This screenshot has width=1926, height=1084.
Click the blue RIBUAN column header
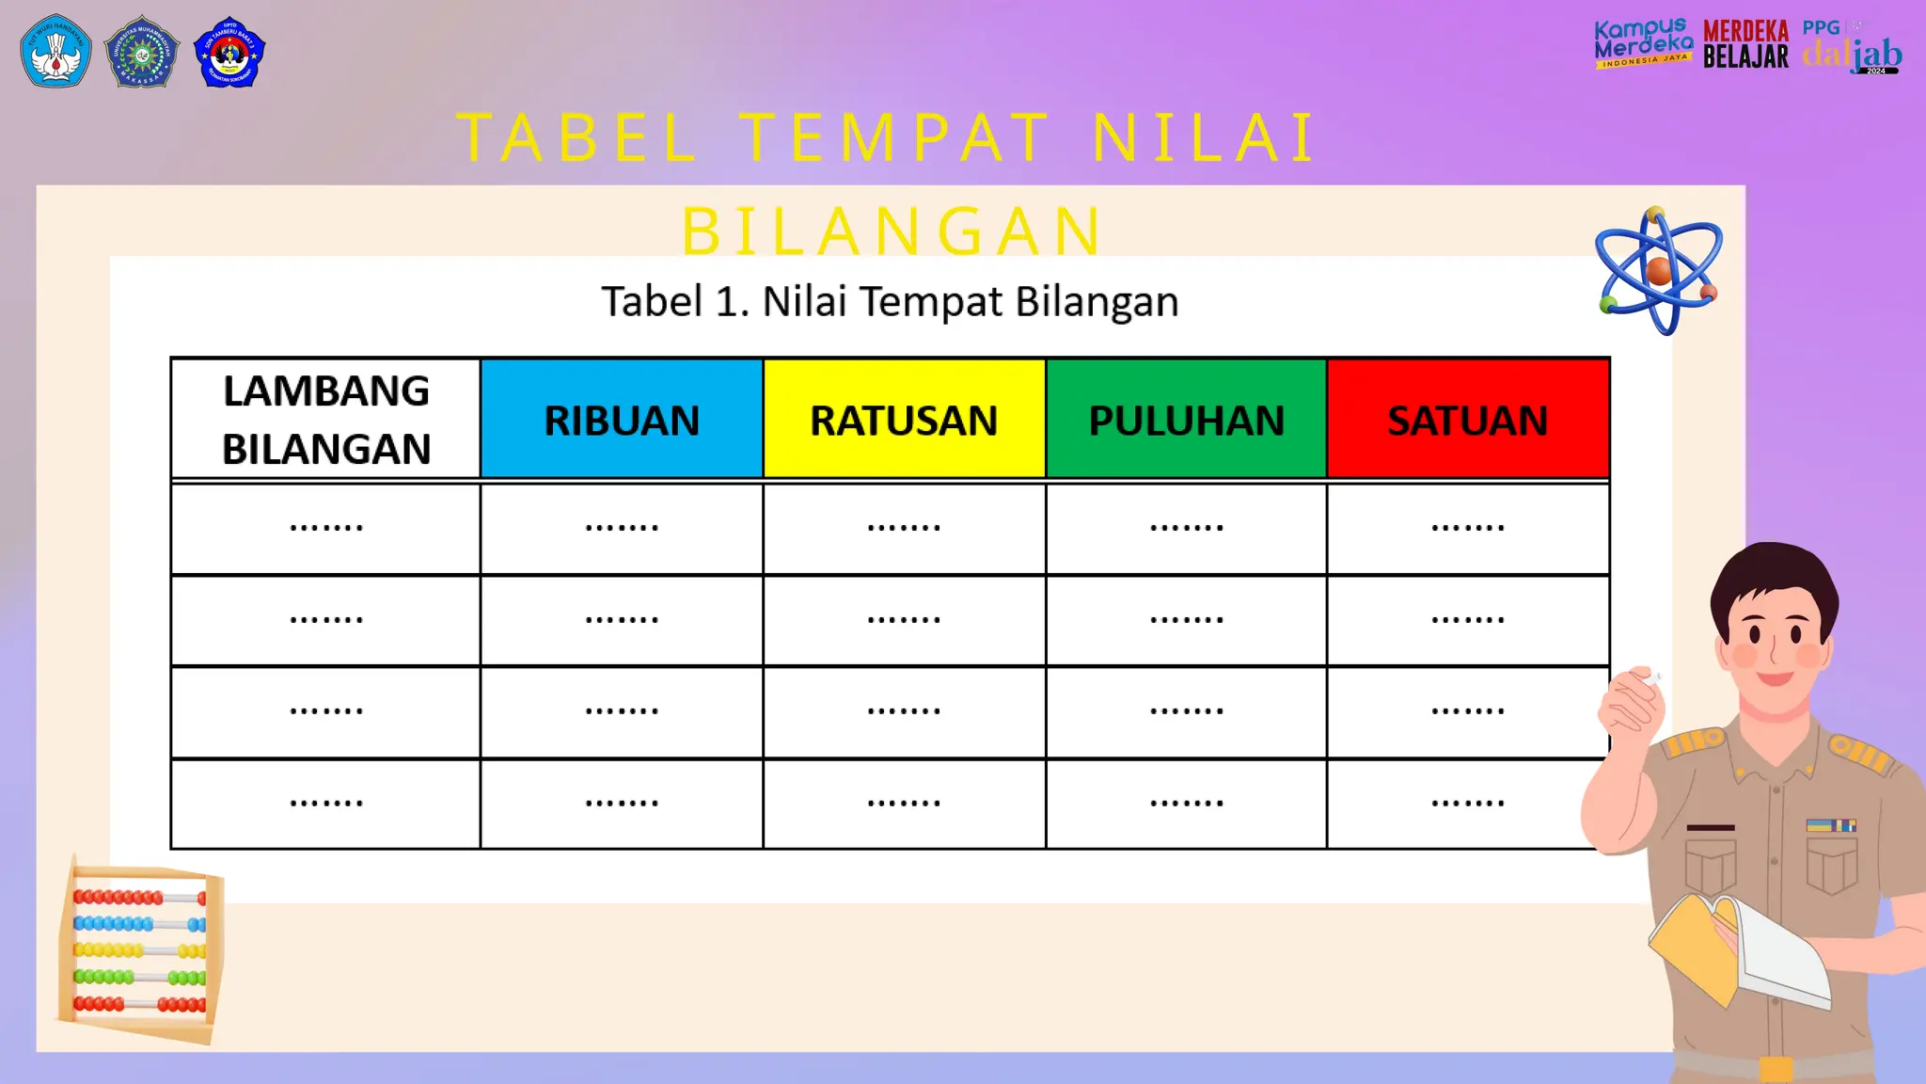tap(622, 420)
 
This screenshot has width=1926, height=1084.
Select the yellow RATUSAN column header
tap(904, 420)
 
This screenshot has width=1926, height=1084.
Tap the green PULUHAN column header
tap(1186, 420)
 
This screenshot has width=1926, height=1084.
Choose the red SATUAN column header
tap(1468, 420)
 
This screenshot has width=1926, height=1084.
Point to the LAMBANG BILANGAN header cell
tap(326, 420)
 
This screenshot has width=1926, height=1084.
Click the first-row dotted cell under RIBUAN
tap(622, 528)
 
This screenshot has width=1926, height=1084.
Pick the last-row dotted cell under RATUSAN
tap(904, 804)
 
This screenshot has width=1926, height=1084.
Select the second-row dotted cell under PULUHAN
tap(1186, 620)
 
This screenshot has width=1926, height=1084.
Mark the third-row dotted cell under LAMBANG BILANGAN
tap(326, 711)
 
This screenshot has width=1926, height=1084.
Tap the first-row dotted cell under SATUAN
tap(1468, 528)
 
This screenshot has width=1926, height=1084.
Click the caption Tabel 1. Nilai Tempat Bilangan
tap(890, 302)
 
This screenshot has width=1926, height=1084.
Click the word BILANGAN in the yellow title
tap(892, 231)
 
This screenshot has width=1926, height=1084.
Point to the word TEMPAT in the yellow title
tap(894, 138)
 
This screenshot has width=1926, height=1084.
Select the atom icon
tap(1659, 272)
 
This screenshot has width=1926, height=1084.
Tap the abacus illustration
tap(141, 950)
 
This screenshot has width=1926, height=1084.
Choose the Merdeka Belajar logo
tap(1745, 44)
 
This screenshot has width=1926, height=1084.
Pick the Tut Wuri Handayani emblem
tap(55, 52)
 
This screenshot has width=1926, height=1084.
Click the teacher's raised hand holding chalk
tap(1633, 701)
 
